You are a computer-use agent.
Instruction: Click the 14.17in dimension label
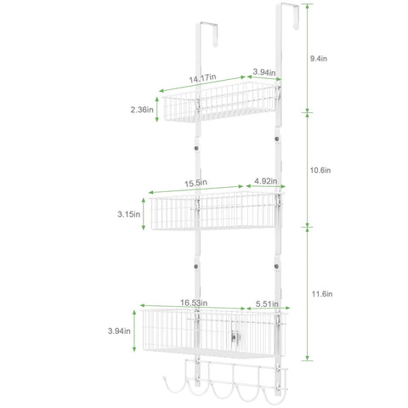(x=202, y=78)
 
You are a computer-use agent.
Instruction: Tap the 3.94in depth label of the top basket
(x=264, y=72)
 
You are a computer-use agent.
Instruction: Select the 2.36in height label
(x=142, y=110)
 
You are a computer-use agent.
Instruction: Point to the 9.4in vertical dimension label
(x=319, y=59)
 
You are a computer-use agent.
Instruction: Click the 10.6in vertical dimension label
(x=320, y=170)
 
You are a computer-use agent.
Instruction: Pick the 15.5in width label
(x=195, y=183)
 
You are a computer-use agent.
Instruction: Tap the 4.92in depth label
(x=266, y=181)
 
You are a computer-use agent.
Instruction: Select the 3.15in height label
(x=129, y=214)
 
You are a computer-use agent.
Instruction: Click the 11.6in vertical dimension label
(x=322, y=294)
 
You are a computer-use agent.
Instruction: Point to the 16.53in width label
(x=194, y=303)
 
